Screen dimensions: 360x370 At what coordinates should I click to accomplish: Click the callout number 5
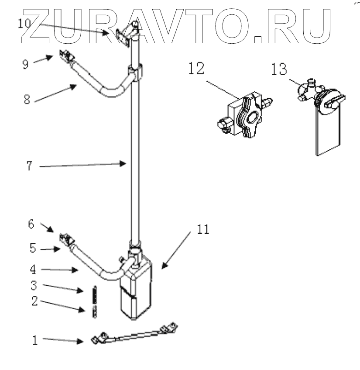(x=32, y=247)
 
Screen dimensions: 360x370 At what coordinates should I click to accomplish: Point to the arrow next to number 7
(x=83, y=165)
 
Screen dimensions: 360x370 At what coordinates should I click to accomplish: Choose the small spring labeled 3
(x=93, y=295)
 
